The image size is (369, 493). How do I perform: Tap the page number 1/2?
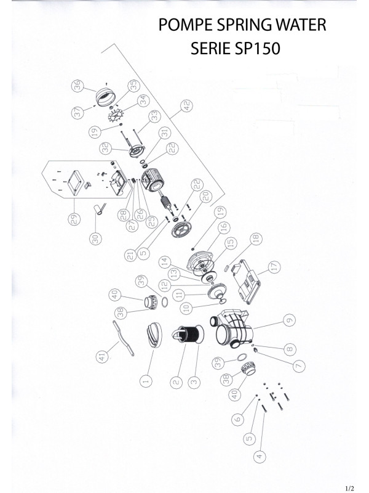coord(349,487)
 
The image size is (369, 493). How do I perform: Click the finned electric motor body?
coord(154,181)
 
